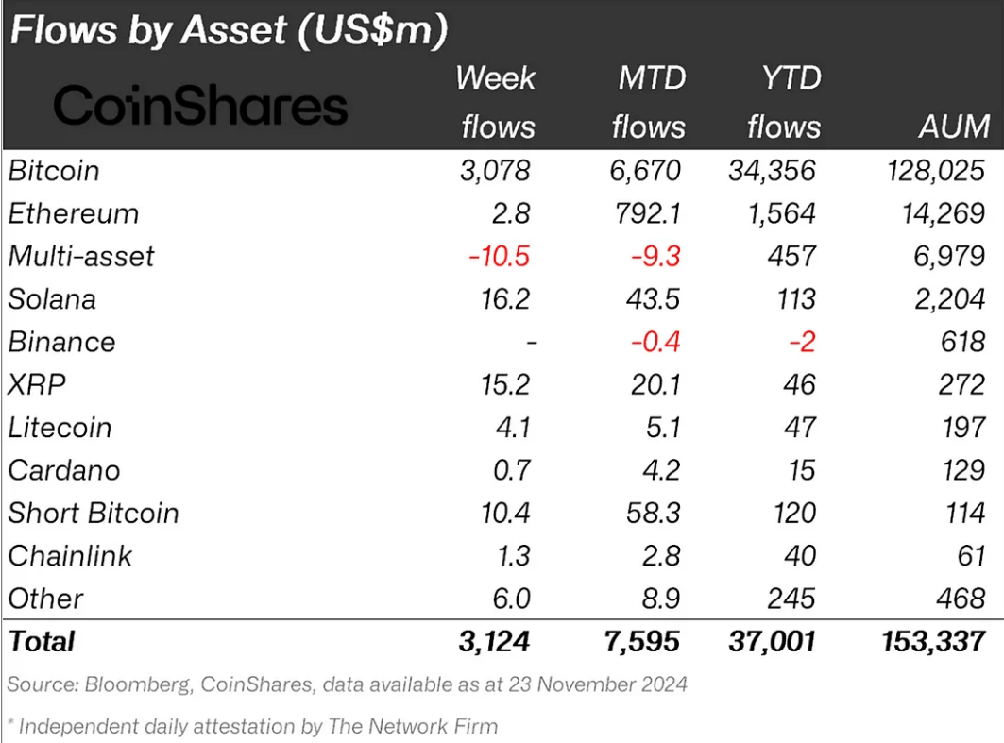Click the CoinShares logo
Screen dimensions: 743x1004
point(200,106)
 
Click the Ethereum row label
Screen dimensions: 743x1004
point(73,213)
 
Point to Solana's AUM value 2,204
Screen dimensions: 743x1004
point(950,299)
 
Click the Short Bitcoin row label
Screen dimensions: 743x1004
point(93,513)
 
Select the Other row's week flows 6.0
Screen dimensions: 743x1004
point(511,599)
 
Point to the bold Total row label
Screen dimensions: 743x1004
point(42,642)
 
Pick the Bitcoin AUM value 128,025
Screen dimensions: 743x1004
point(929,171)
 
